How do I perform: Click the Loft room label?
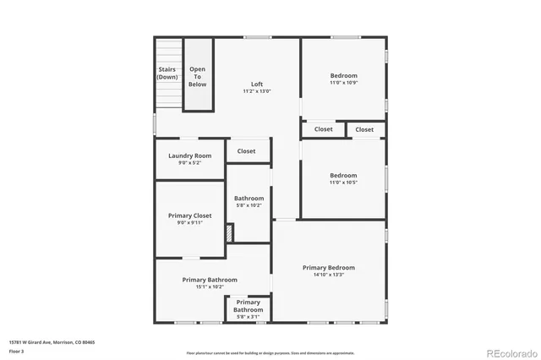257,84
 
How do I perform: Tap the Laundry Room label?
189,155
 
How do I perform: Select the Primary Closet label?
189,215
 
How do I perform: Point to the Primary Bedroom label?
329,268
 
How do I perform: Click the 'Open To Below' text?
197,77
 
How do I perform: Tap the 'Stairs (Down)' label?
167,73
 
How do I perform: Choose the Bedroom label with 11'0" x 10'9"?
343,75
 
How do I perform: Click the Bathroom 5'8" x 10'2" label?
249,199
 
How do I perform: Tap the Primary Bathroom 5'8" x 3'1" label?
249,306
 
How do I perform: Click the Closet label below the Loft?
246,151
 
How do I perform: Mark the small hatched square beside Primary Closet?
228,231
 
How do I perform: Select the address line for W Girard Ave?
52,341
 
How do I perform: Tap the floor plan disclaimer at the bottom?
270,352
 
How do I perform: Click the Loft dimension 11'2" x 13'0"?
257,91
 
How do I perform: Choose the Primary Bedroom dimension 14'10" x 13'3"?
329,275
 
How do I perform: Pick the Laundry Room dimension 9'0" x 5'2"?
189,162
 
